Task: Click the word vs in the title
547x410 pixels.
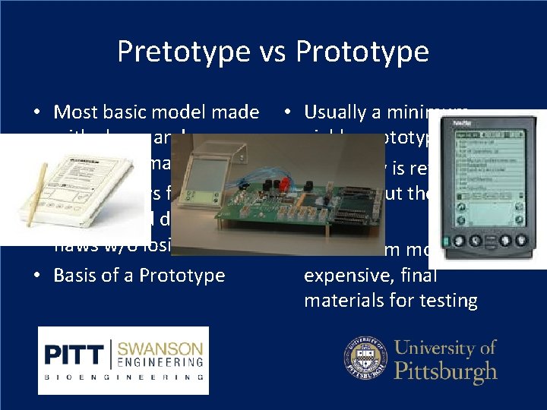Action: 267,52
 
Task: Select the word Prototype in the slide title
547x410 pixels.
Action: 362,52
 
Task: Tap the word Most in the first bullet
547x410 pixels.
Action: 76,112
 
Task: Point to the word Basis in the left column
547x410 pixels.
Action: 76,275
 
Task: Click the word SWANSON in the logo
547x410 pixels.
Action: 160,349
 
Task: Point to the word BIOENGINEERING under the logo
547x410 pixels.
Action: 123,377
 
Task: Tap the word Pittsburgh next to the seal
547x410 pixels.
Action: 447,372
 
